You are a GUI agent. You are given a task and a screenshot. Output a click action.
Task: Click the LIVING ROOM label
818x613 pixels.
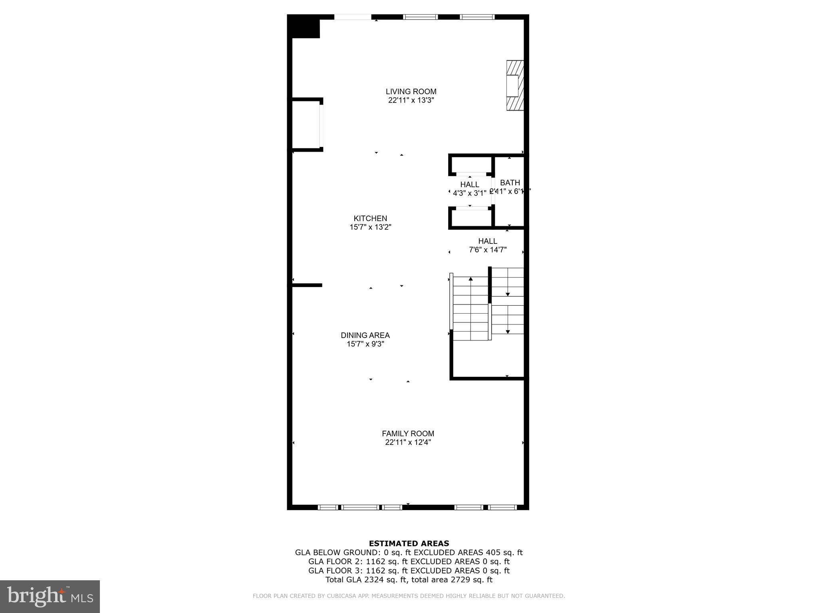(411, 91)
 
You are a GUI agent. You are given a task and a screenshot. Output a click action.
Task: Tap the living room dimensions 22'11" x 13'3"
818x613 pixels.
(411, 100)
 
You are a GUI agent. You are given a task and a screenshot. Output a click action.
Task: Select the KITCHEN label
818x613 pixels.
(370, 218)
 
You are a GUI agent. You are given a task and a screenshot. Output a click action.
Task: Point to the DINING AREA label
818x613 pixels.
(365, 335)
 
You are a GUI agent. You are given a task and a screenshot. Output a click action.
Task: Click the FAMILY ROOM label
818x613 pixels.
(408, 433)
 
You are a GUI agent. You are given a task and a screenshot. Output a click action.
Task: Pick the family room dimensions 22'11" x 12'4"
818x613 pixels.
(408, 442)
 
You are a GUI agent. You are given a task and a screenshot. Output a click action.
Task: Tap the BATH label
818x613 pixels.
(510, 183)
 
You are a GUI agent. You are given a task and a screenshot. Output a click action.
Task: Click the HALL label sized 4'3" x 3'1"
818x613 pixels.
(469, 184)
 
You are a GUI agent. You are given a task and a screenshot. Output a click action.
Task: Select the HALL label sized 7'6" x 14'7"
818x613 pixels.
(488, 241)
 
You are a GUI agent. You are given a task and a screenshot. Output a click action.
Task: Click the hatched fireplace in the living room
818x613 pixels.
(515, 85)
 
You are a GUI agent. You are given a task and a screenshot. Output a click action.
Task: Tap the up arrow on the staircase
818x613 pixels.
(471, 279)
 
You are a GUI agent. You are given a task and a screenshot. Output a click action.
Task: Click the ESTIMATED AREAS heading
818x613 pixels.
(409, 543)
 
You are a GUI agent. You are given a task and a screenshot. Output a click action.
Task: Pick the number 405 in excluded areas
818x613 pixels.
(493, 553)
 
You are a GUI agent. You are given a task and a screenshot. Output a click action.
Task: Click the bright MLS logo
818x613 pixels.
(50, 596)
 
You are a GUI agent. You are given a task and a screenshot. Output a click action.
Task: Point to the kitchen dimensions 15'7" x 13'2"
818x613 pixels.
(370, 227)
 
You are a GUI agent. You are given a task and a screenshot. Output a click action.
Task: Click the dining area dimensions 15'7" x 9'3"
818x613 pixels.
(365, 344)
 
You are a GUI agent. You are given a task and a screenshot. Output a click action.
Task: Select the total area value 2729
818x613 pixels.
(462, 580)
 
